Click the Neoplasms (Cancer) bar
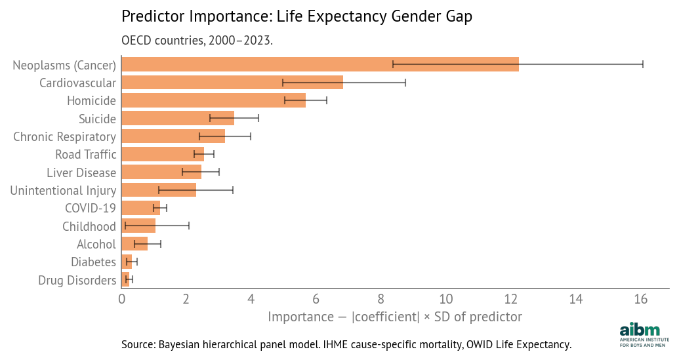[x=320, y=64]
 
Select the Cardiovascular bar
[x=232, y=83]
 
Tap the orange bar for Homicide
[x=213, y=100]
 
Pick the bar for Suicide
[x=178, y=118]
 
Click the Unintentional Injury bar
[x=159, y=190]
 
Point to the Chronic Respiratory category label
[x=64, y=136]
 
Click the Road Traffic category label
[x=85, y=155]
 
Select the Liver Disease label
[x=81, y=172]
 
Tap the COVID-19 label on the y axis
[x=90, y=208]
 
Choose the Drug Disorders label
[x=77, y=280]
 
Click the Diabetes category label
[x=93, y=262]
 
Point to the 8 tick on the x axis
[x=381, y=299]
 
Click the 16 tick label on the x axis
[x=641, y=299]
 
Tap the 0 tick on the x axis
[x=122, y=299]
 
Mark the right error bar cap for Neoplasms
[x=643, y=64]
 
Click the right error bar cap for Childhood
[x=189, y=226]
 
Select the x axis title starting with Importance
[x=394, y=317]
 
